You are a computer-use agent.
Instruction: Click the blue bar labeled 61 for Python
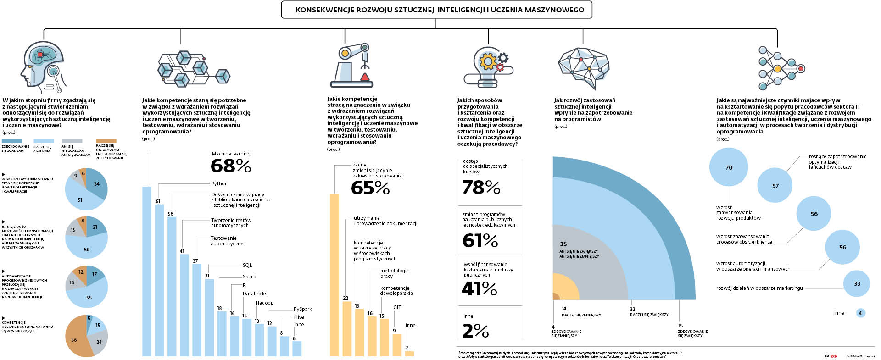tap(159, 280)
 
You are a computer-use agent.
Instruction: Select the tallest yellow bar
tap(335, 275)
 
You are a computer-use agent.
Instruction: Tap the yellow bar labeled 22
tap(347, 328)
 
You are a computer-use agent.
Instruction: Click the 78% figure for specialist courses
tap(481, 187)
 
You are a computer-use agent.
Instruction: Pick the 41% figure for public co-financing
tap(480, 288)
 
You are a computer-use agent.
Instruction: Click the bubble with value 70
tap(729, 167)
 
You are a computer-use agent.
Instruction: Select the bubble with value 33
tap(857, 283)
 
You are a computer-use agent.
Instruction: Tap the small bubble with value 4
tap(860, 313)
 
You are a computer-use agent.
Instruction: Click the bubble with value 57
tap(775, 186)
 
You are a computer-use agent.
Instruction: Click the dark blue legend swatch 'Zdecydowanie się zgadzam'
tap(12, 141)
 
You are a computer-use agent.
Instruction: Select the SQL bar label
tap(247, 265)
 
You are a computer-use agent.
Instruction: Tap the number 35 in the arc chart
tap(563, 244)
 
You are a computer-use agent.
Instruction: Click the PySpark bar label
tap(302, 309)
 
